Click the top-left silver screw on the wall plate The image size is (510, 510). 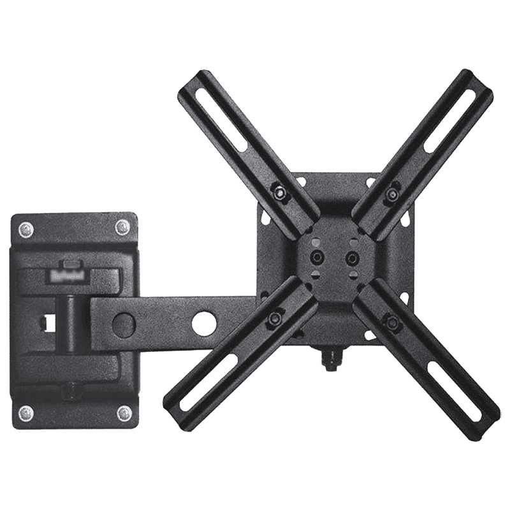(25, 228)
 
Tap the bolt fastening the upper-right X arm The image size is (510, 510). (393, 192)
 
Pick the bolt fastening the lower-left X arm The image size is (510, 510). (275, 316)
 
